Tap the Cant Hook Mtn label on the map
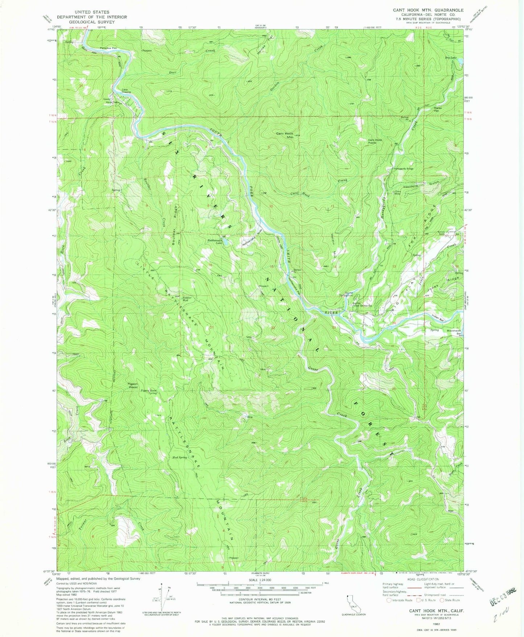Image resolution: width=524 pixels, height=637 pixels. (x=285, y=135)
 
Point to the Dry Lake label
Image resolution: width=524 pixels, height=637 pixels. (x=451, y=58)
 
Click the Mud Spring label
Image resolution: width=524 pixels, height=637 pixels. (x=180, y=457)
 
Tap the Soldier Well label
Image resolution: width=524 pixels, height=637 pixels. (x=187, y=299)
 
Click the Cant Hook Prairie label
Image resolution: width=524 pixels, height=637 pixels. (x=375, y=141)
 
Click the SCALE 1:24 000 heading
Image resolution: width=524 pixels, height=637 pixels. (x=260, y=580)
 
